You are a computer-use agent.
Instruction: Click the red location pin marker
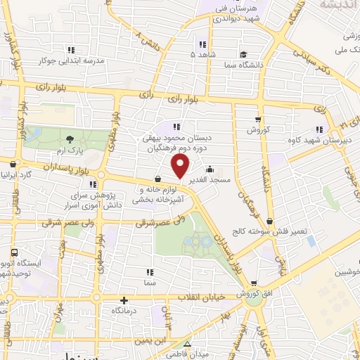(181, 167)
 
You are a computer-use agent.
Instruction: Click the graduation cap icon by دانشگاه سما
(243, 54)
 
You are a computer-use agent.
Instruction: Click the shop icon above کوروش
(258, 119)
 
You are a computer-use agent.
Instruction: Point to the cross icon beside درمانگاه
(124, 300)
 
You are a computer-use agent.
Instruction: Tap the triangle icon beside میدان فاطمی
(187, 344)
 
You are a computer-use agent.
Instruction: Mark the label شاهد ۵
(202, 53)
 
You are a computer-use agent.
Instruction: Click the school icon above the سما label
(148, 271)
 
